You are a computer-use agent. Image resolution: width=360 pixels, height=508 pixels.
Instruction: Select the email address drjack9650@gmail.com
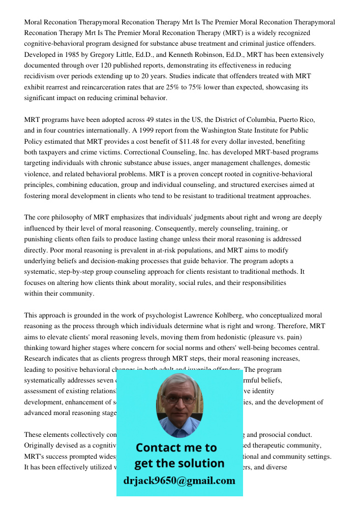179,481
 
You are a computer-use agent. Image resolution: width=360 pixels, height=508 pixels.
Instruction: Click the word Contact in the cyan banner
159,448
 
